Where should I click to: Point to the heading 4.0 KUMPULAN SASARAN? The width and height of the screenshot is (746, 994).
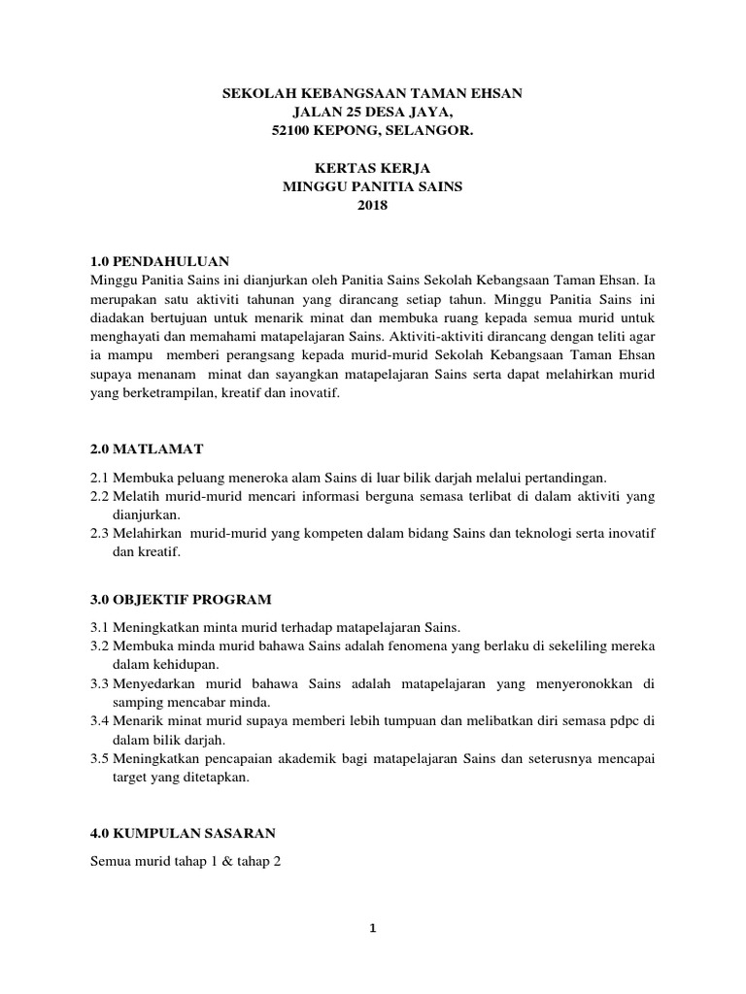[184, 833]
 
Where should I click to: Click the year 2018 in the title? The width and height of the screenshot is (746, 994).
[372, 204]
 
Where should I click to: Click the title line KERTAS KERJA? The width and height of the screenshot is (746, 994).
[372, 167]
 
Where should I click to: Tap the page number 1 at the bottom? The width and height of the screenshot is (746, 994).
[372, 928]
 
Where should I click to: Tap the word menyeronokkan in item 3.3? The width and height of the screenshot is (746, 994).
[576, 683]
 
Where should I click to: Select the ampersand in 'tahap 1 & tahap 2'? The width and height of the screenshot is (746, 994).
[220, 862]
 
